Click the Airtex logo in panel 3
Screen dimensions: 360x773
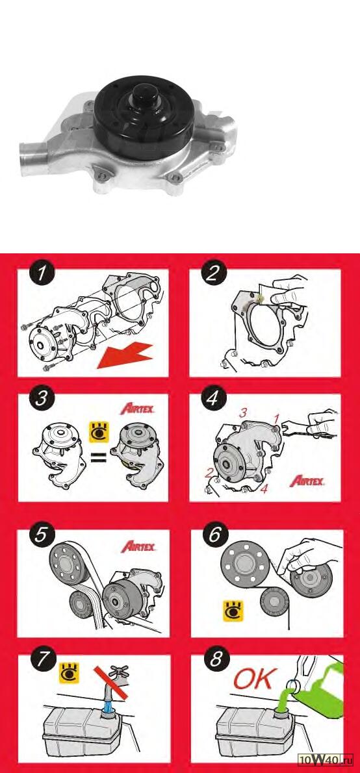(x=138, y=409)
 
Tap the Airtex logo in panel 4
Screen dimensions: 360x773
(x=307, y=481)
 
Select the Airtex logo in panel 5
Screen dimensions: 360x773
(x=138, y=546)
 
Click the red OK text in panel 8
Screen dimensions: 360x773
(x=253, y=680)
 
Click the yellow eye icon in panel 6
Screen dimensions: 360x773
(x=233, y=611)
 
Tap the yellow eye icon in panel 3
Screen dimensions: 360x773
(x=99, y=432)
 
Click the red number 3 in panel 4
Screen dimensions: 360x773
(x=242, y=413)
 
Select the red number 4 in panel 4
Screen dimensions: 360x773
(x=264, y=490)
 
